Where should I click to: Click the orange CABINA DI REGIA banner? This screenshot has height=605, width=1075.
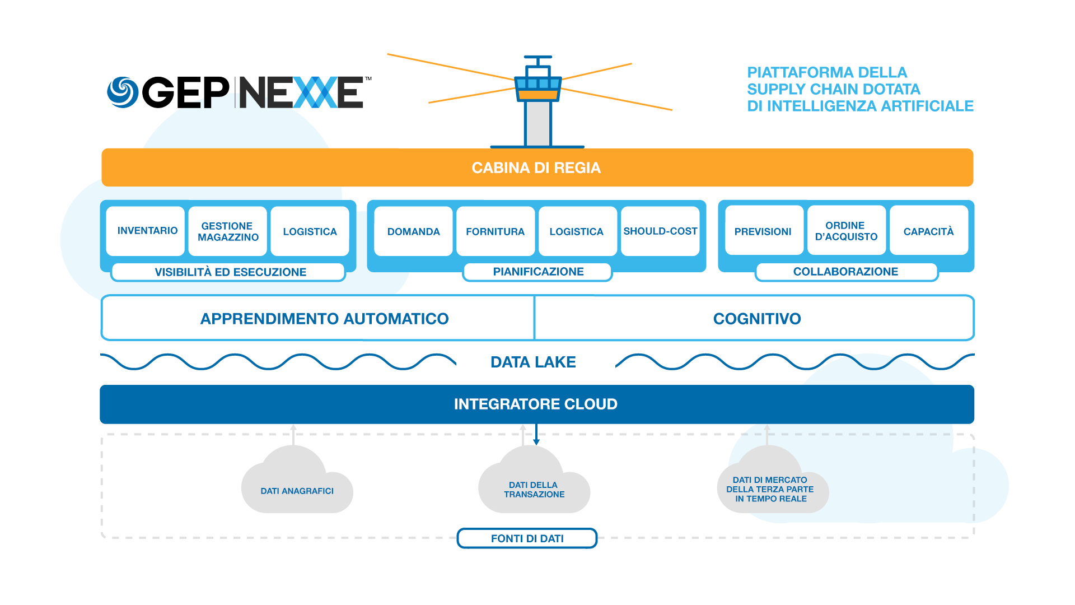(x=536, y=167)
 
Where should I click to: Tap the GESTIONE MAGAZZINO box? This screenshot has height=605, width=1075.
(x=228, y=231)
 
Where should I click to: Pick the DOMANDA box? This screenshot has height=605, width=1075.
(x=413, y=231)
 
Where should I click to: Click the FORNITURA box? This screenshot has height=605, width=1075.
(x=495, y=231)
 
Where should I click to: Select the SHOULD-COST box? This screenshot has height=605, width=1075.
(x=660, y=231)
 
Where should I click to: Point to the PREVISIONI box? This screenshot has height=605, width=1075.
(x=763, y=231)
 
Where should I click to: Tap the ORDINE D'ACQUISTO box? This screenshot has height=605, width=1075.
(x=846, y=231)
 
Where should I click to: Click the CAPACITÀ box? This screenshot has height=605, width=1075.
(x=928, y=231)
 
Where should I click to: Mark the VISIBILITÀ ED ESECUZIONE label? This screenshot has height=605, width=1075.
(x=230, y=272)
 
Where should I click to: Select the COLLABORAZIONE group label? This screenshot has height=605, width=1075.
(x=845, y=272)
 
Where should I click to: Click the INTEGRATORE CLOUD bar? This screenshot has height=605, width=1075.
(x=536, y=404)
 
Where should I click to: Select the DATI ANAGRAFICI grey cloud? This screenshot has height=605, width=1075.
(x=297, y=487)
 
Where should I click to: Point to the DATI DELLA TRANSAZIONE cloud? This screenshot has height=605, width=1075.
(x=534, y=487)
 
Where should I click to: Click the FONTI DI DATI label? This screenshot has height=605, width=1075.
(x=527, y=538)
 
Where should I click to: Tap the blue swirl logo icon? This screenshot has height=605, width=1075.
(x=123, y=92)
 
